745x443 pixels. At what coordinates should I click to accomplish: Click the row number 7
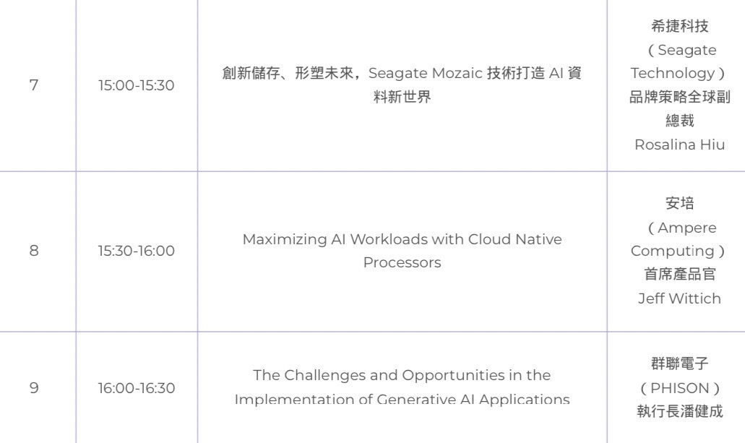[34, 85]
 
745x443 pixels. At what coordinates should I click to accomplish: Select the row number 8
[34, 251]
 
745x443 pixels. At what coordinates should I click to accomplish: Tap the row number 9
[34, 388]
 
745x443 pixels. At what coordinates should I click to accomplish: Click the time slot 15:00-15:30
[137, 85]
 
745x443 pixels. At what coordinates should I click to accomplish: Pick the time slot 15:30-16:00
[137, 251]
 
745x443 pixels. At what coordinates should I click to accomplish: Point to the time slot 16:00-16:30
[137, 388]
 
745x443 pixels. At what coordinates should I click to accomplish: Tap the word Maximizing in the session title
[285, 239]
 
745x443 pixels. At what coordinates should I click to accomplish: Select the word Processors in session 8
[402, 262]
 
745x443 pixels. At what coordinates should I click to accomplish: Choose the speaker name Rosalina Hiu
[679, 145]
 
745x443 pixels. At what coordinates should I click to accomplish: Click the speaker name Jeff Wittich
[679, 298]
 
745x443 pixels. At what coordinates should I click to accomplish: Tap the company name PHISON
[679, 388]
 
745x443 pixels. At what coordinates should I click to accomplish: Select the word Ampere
[687, 228]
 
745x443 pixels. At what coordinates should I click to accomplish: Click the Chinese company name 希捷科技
[679, 26]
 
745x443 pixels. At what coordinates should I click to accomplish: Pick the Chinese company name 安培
[679, 204]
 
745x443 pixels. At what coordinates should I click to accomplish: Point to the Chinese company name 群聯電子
[679, 364]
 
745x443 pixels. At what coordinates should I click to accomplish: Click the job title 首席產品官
[679, 275]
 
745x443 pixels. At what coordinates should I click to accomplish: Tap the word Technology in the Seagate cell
[672, 73]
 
